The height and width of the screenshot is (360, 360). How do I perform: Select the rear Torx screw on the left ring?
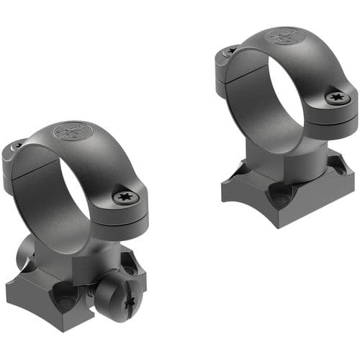tap(17, 146)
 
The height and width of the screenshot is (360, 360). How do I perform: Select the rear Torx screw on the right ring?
tap(230, 51)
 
